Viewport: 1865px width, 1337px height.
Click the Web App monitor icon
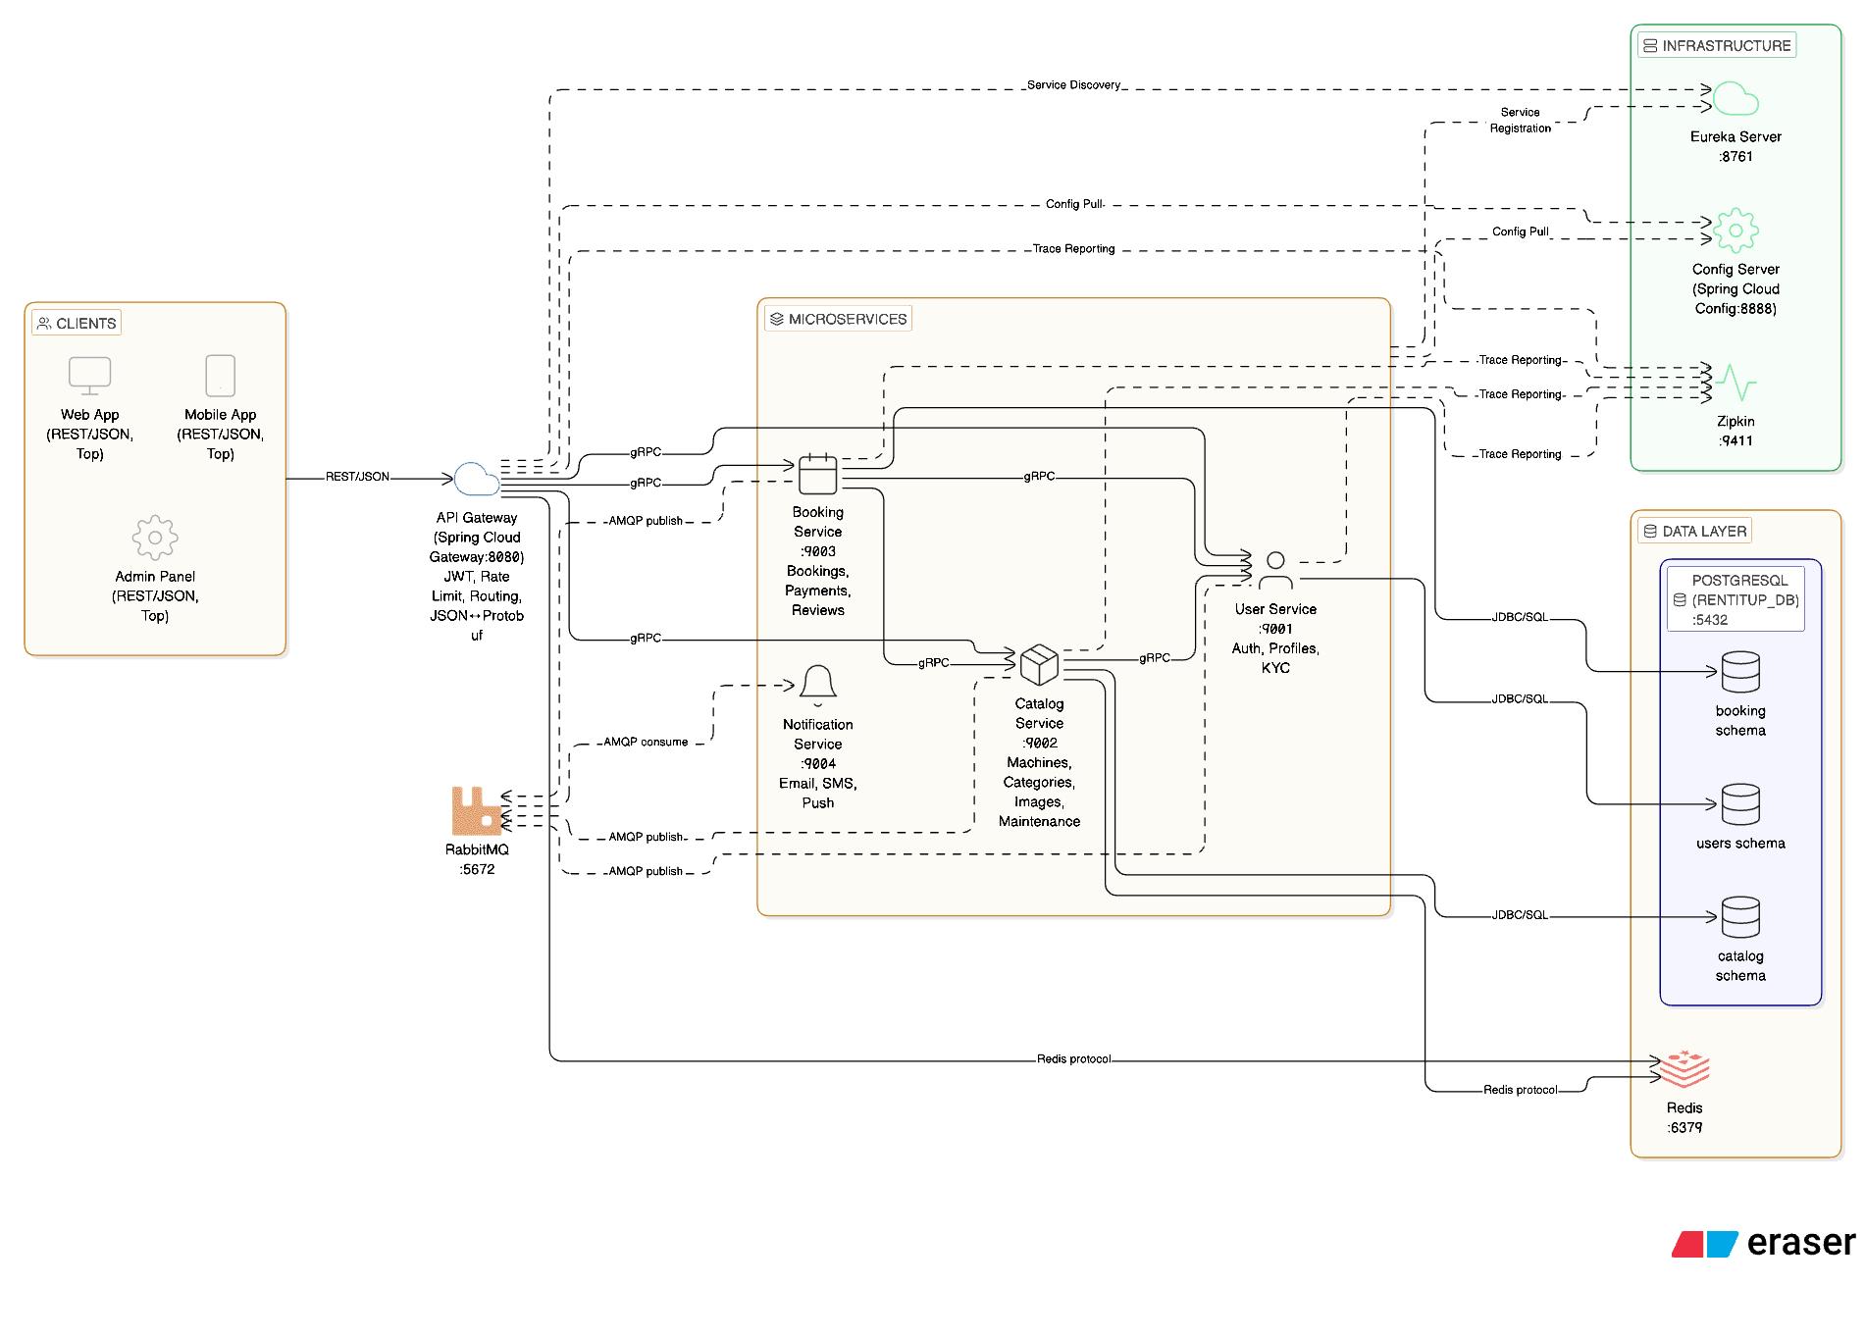(89, 376)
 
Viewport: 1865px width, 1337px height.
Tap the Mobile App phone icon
(220, 376)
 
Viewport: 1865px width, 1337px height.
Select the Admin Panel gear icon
(155, 538)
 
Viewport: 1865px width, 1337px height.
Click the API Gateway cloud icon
(477, 479)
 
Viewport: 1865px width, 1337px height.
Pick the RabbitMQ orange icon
(476, 811)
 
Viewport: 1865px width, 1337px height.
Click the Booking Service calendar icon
(817, 474)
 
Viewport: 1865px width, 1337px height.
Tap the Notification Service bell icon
(817, 685)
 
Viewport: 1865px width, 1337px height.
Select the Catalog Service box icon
(1039, 665)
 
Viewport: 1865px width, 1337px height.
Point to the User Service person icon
(1275, 570)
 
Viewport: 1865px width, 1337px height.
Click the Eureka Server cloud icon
(1735, 99)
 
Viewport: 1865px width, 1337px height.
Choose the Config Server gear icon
(1735, 231)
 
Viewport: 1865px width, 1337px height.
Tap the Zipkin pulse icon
(1736, 383)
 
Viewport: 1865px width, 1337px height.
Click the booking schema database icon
(1740, 672)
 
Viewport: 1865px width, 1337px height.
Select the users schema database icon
(1740, 804)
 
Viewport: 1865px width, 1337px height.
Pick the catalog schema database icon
(1740, 917)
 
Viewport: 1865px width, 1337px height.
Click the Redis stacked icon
(1684, 1069)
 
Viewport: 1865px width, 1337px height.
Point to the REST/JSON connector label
(357, 477)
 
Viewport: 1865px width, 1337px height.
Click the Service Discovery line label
(1073, 85)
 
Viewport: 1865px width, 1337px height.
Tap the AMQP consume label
(646, 743)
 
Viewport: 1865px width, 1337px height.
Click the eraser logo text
(1800, 1243)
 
